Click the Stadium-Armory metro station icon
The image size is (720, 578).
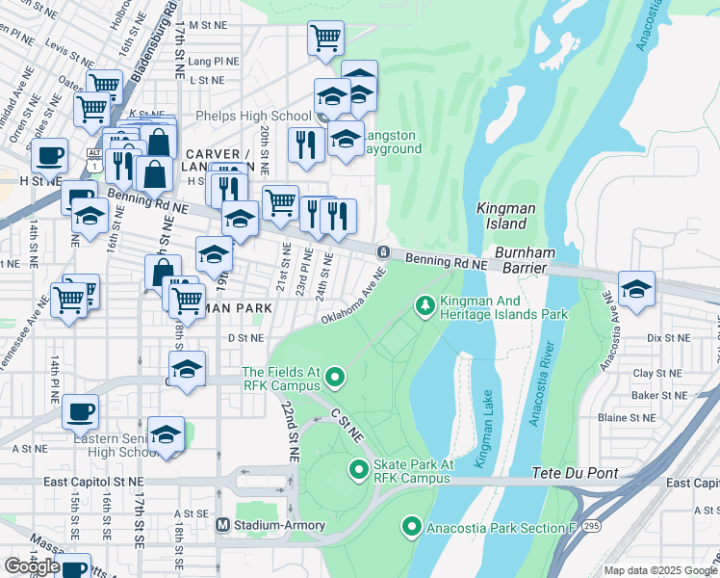pos(222,525)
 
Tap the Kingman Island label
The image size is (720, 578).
pos(502,216)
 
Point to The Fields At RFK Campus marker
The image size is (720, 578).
pos(335,377)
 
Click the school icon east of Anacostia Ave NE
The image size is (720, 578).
pos(636,288)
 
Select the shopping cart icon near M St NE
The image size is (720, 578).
pos(325,39)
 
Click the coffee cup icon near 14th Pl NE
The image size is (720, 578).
pos(80,411)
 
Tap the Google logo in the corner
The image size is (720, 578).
pos(32,566)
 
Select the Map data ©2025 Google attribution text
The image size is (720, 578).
pos(659,570)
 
